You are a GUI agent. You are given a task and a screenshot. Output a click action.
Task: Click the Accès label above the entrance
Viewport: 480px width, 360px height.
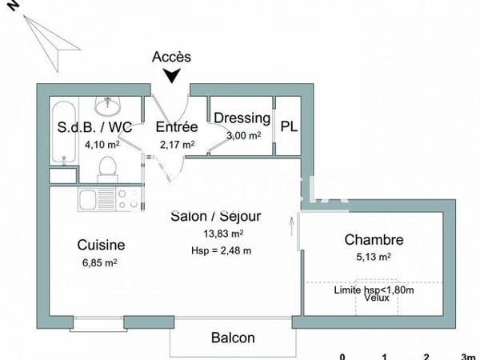pyautogui.click(x=171, y=57)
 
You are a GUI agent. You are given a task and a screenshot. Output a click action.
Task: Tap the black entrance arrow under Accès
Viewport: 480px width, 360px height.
pyautogui.click(x=170, y=75)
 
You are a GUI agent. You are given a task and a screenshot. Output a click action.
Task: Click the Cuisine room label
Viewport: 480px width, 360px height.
pyautogui.click(x=101, y=245)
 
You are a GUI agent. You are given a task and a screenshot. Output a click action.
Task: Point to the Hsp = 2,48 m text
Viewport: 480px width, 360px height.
pyautogui.click(x=221, y=250)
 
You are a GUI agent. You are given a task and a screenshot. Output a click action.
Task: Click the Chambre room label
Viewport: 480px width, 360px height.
pyautogui.click(x=374, y=239)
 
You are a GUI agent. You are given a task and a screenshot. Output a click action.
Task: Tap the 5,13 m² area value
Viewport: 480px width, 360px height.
pyautogui.click(x=374, y=257)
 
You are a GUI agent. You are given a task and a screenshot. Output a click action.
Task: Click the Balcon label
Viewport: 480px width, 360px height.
pyautogui.click(x=233, y=338)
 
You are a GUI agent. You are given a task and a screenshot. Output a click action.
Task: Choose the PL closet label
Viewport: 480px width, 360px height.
pyautogui.click(x=288, y=126)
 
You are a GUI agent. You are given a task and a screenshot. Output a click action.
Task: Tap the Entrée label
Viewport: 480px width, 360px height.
pyautogui.click(x=177, y=127)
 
